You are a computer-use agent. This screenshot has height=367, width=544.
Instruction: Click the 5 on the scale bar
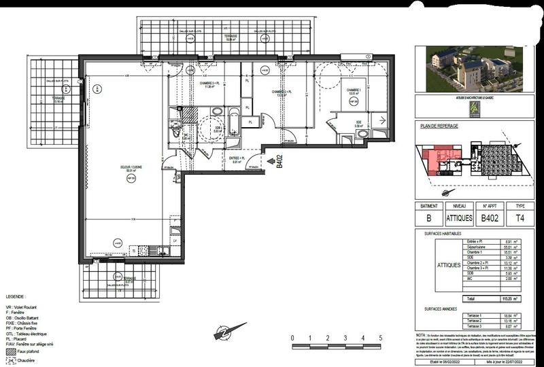[381, 338]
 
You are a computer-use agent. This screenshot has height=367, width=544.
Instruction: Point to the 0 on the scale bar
[292, 338]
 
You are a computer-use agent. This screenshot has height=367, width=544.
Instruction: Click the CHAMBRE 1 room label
[353, 90]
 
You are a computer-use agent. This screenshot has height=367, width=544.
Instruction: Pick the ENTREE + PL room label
[237, 160]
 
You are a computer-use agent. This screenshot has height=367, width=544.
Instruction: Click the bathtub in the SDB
[233, 122]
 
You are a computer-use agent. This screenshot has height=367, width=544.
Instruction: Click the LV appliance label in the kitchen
[175, 241]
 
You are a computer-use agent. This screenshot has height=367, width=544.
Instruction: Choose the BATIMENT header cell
[430, 205]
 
